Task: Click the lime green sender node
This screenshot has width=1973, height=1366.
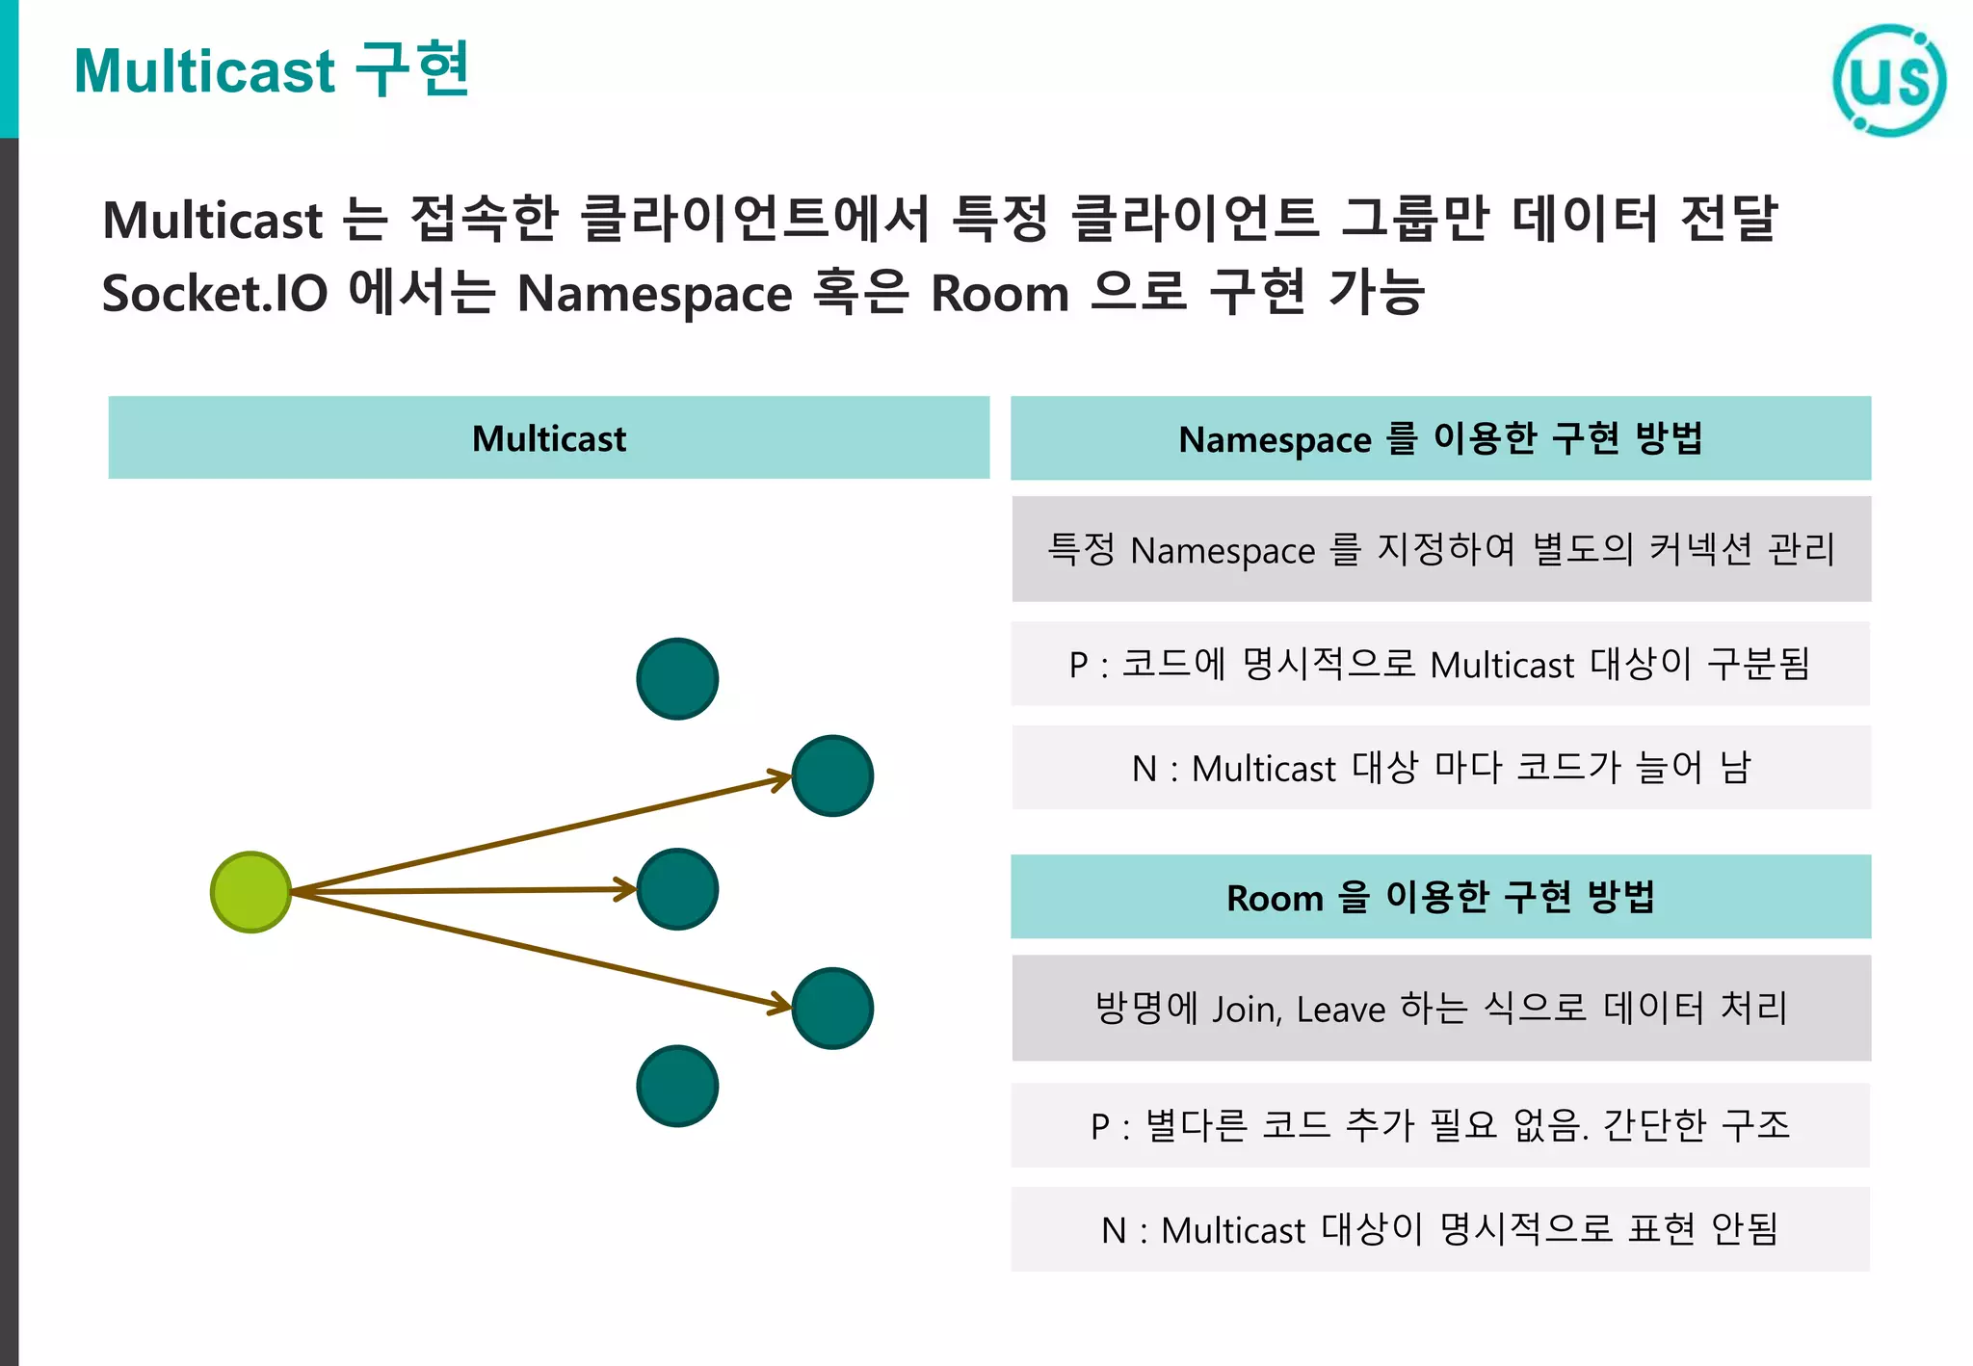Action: click(250, 892)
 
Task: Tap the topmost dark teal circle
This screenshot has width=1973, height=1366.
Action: click(677, 679)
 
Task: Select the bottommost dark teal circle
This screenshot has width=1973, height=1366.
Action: click(677, 1086)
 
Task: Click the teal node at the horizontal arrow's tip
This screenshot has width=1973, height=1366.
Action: click(677, 889)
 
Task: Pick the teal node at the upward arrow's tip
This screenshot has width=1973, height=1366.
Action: click(832, 776)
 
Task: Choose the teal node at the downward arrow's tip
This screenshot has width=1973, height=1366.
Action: click(832, 1009)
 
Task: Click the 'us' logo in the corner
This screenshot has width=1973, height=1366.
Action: click(1888, 81)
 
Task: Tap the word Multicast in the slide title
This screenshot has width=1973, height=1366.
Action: click(204, 72)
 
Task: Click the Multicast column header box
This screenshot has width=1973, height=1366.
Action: click(548, 438)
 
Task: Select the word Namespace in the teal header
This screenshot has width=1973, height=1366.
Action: click(1274, 440)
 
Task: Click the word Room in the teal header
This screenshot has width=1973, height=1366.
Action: click(1274, 899)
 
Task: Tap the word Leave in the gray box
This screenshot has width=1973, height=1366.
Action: click(1340, 1010)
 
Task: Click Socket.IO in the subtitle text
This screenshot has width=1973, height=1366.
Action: click(215, 293)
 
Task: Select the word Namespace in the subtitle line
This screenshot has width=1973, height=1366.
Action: click(654, 293)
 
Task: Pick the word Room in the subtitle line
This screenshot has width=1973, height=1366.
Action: click(999, 293)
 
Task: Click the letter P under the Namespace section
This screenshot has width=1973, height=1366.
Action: click(1078, 665)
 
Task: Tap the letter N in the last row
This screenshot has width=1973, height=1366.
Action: click(1114, 1230)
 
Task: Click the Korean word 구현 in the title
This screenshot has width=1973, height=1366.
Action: click(412, 70)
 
